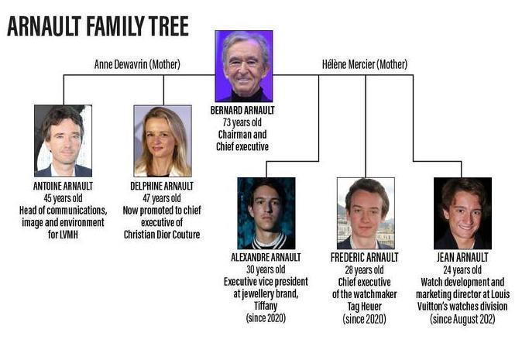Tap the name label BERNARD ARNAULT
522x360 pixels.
tap(242, 110)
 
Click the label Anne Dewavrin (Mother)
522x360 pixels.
tap(137, 64)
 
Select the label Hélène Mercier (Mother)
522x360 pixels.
tap(365, 64)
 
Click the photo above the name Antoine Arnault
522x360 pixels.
tap(64, 141)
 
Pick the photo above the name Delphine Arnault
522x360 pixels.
tap(163, 141)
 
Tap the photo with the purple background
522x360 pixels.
tap(244, 67)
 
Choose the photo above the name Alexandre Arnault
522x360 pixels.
tap(266, 213)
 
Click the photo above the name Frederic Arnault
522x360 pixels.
tap(366, 213)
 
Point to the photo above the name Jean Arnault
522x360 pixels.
tap(462, 213)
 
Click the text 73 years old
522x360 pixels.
tap(242, 122)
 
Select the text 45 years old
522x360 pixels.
tap(63, 198)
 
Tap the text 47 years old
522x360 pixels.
tap(162, 198)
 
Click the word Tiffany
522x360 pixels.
tap(266, 306)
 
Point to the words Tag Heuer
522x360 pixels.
tap(365, 306)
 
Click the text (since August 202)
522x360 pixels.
tap(462, 319)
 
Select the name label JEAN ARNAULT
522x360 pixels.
tap(462, 257)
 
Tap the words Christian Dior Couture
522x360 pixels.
tap(162, 235)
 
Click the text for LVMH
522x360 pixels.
tap(63, 235)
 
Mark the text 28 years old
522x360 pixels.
tap(364, 270)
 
